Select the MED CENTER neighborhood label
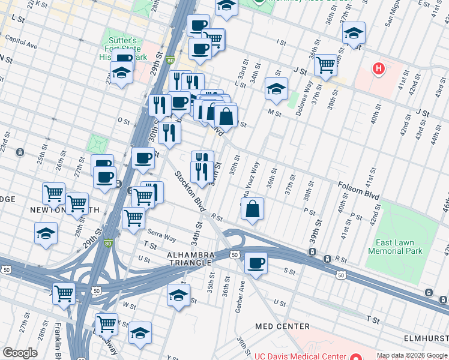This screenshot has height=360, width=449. tap(282, 326)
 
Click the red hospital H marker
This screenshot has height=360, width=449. tap(378, 69)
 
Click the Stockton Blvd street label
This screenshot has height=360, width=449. tap(190, 191)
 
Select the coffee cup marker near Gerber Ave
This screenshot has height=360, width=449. tap(256, 263)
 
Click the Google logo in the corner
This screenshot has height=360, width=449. tap(20, 353)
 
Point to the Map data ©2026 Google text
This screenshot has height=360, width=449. tap(411, 355)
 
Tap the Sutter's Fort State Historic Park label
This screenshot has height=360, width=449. tap(122, 48)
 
